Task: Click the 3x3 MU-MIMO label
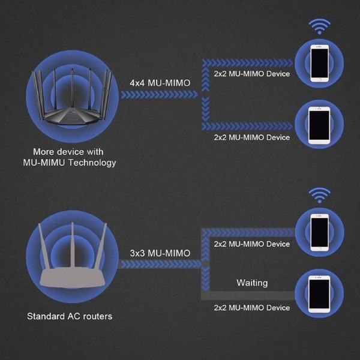click(x=160, y=253)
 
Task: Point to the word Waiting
click(x=252, y=282)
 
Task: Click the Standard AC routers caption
click(x=69, y=316)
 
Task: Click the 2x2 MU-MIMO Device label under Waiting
click(x=251, y=308)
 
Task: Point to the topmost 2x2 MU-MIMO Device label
click(x=251, y=74)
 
